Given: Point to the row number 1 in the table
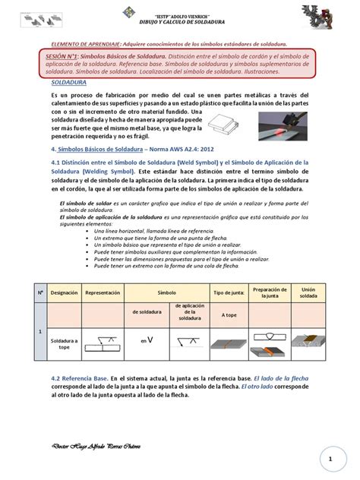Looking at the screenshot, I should pyautogui.click(x=39, y=330).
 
